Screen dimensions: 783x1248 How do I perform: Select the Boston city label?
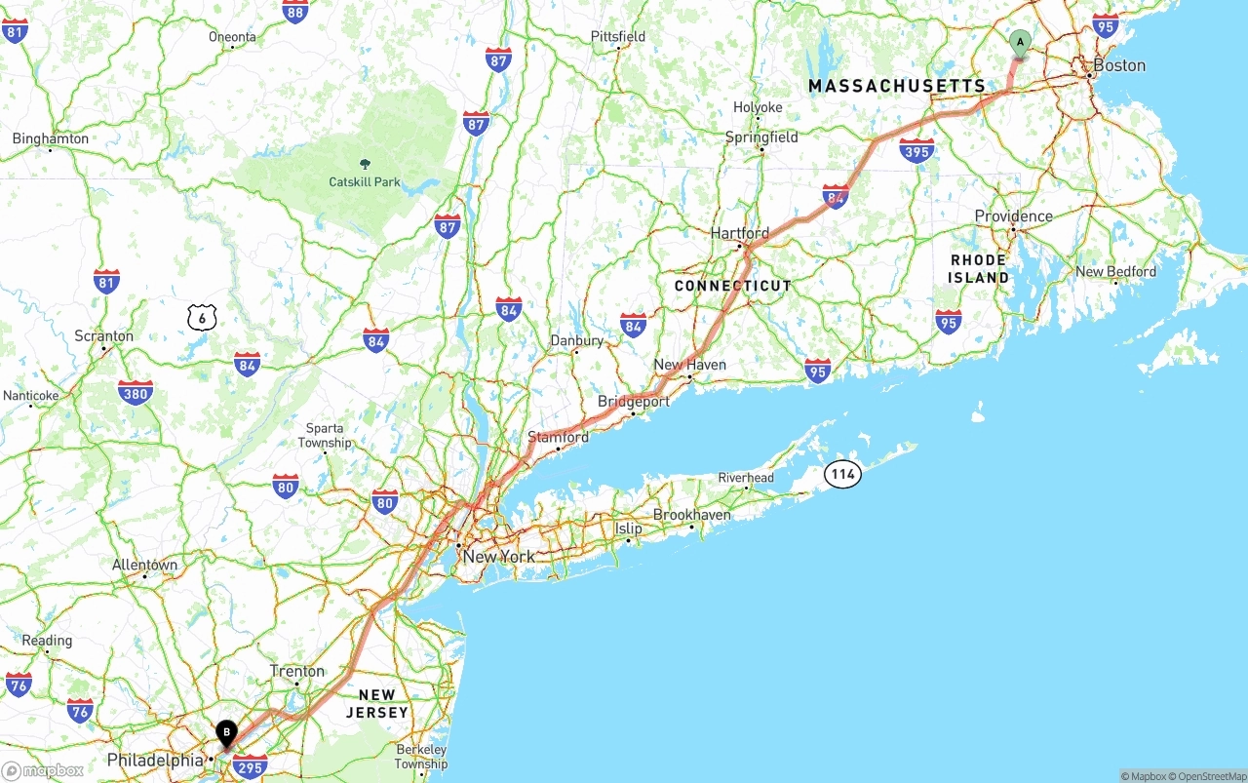pyautogui.click(x=1118, y=65)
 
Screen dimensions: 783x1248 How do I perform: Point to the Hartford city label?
pyautogui.click(x=739, y=234)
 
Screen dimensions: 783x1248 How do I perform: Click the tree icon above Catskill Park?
pyautogui.click(x=365, y=164)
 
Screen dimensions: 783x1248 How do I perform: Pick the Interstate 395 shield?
pyautogui.click(x=916, y=150)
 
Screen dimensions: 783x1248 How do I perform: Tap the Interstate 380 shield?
pyautogui.click(x=135, y=393)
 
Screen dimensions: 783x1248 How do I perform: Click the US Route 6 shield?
pyautogui.click(x=202, y=317)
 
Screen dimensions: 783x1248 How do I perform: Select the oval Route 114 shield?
pyautogui.click(x=842, y=475)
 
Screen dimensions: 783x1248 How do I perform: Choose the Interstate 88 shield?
pyautogui.click(x=295, y=11)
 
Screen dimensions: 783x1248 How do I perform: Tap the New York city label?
pyautogui.click(x=498, y=557)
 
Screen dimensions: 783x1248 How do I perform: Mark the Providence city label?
pyautogui.click(x=1014, y=216)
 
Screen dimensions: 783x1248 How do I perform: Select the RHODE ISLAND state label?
pyautogui.click(x=979, y=269)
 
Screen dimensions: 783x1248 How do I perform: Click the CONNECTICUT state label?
pyautogui.click(x=733, y=286)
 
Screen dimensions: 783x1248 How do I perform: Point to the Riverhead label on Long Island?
pyautogui.click(x=746, y=478)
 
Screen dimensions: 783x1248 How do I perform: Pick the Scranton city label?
pyautogui.click(x=103, y=336)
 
